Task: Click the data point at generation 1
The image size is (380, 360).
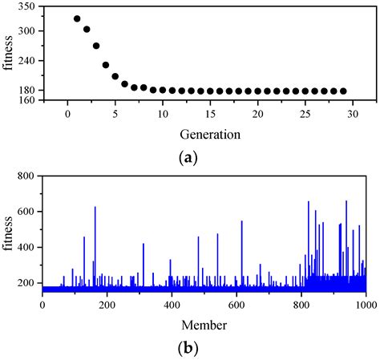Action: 77,18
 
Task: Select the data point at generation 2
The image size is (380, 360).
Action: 87,29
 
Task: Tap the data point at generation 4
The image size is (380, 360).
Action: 106,65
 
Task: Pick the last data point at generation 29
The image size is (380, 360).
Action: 344,91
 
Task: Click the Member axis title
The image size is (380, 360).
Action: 204,326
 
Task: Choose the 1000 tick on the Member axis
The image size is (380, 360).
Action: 364,305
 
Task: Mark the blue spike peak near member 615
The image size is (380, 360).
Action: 241,222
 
